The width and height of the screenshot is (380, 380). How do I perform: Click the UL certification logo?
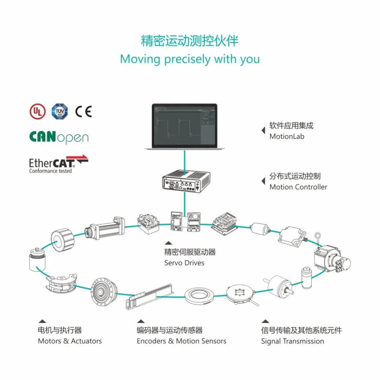[37, 112]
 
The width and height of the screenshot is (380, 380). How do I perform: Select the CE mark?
[83, 112]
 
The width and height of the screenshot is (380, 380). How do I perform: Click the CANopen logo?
[58, 137]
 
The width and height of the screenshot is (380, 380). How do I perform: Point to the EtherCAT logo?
[58, 164]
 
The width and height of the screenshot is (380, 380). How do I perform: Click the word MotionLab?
[287, 136]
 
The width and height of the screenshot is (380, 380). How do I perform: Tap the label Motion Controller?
[298, 187]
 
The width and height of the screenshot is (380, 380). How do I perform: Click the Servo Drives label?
[184, 262]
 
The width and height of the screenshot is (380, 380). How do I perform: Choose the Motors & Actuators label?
[70, 341]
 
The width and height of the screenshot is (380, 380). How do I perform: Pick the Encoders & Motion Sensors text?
[181, 341]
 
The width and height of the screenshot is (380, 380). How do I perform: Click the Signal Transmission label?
[292, 341]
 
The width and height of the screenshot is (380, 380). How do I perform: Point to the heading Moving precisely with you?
[190, 59]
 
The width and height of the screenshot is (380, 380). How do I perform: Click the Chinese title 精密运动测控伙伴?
[190, 41]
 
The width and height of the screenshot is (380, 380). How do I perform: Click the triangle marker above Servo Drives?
[169, 243]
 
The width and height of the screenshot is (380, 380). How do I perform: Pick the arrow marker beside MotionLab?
[263, 131]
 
